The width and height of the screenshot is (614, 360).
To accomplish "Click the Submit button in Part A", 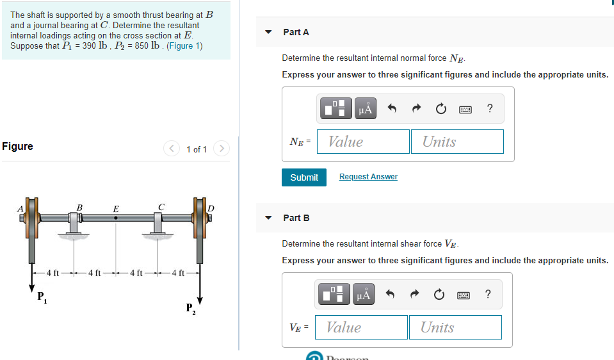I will (x=303, y=177).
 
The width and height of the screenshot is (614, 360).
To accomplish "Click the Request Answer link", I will (x=368, y=177).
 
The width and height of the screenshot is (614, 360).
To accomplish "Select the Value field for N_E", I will (x=365, y=142).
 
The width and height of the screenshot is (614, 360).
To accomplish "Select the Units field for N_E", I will (x=457, y=142).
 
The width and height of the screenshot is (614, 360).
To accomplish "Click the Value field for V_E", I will (x=363, y=327).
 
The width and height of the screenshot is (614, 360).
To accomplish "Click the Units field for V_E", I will (x=455, y=327).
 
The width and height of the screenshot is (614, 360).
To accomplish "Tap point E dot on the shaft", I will (x=115, y=218).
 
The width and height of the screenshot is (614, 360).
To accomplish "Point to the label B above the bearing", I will (x=79, y=207).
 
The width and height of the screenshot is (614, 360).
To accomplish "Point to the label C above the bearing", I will (x=162, y=206).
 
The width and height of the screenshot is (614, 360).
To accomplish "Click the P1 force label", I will (x=42, y=296).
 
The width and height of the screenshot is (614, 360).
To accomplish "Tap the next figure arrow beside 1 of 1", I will (x=221, y=149).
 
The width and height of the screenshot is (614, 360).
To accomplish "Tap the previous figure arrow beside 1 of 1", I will (x=172, y=149).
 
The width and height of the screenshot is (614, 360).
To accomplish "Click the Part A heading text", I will (x=296, y=32).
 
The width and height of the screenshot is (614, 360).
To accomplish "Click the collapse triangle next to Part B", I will (x=269, y=218).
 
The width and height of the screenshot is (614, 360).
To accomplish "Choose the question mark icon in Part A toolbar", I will (x=490, y=108).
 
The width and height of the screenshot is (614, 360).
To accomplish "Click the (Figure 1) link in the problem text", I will (x=184, y=46).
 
